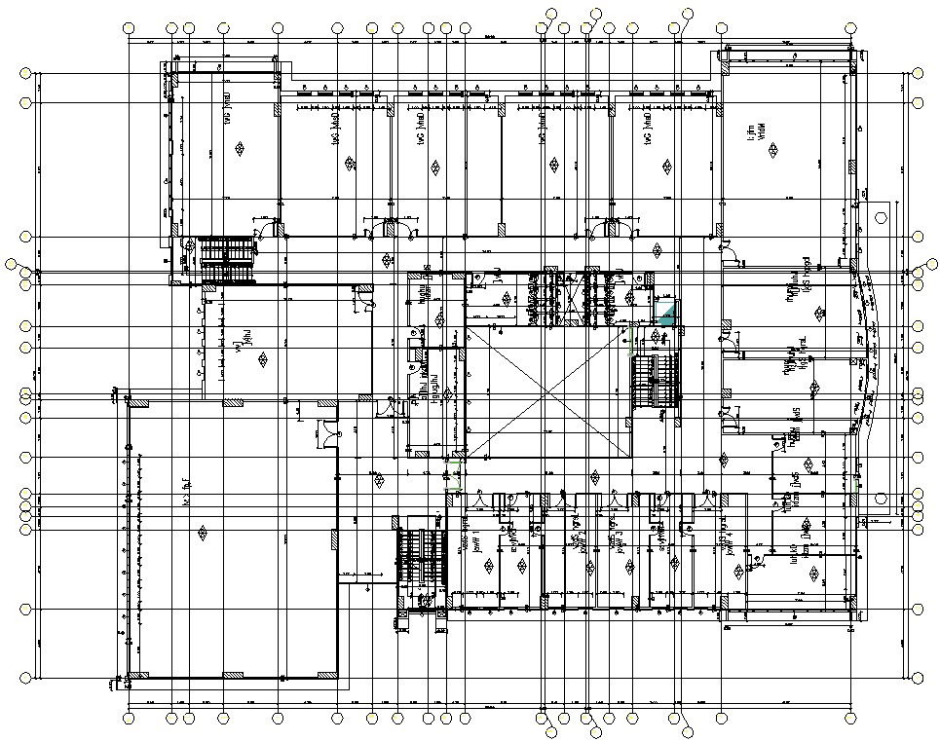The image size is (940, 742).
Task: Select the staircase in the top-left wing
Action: pos(227,259)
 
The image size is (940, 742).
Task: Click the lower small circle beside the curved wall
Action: pos(881,499)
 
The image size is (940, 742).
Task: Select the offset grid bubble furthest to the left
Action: pos(12,264)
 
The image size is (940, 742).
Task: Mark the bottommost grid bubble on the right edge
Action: pos(918,677)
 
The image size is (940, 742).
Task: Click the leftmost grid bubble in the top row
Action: pos(130,28)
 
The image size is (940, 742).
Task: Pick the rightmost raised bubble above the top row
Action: pos(688,14)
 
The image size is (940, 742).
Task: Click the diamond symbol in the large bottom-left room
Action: pos(203,533)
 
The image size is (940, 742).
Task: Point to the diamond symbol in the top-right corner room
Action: pos(772,151)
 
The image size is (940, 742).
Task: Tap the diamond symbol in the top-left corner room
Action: pos(241,150)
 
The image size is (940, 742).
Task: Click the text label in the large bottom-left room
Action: pos(184,480)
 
